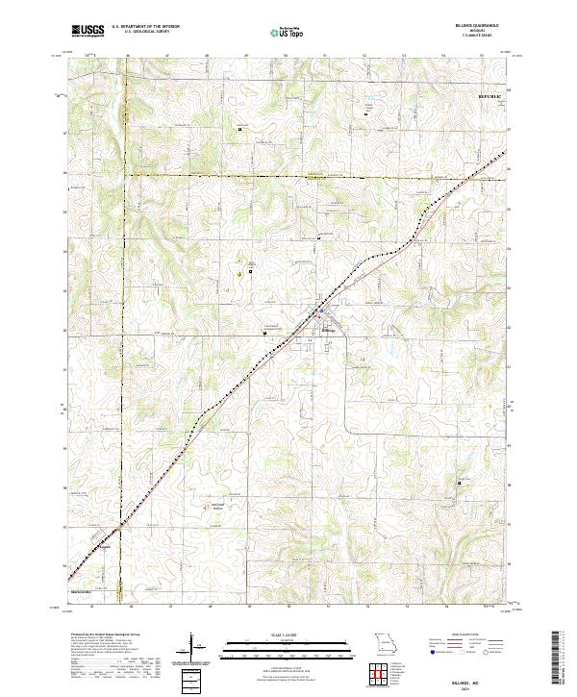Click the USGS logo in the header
pos(88,31)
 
